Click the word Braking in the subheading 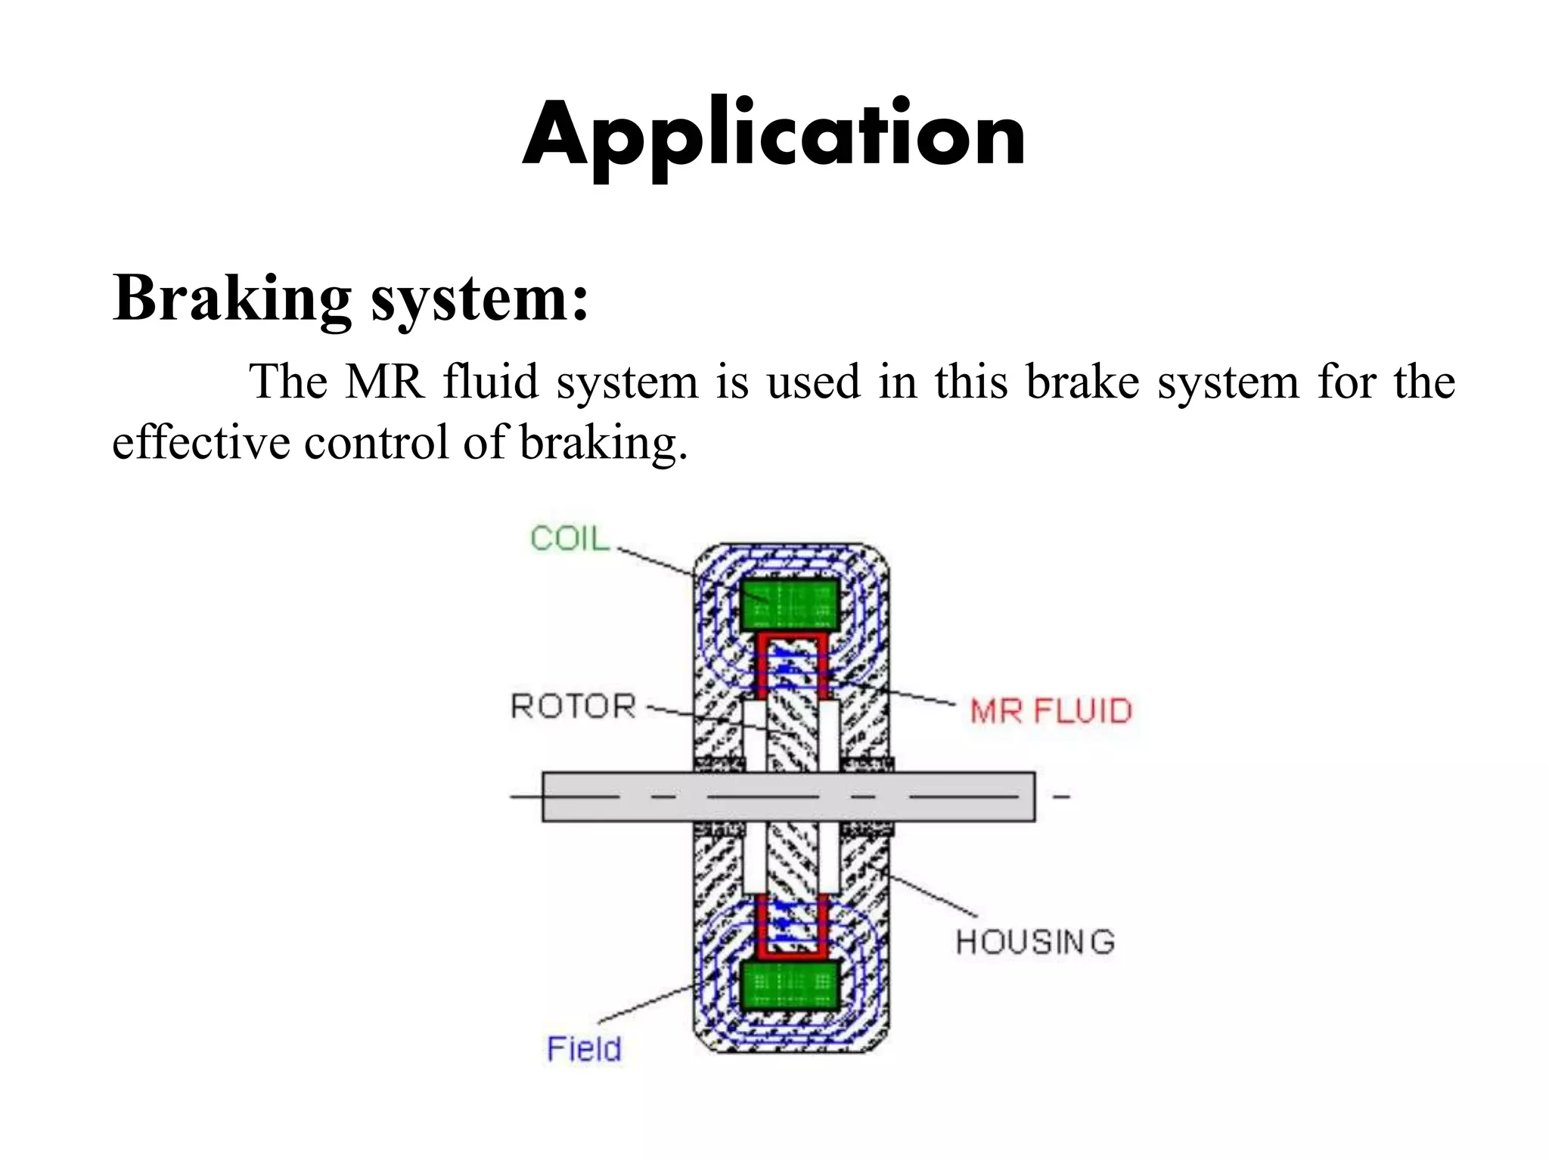(231, 299)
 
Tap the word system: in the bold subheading (480, 299)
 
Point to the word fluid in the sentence (490, 382)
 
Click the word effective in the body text (200, 442)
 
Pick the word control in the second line (376, 442)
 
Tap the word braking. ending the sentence (604, 444)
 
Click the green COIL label (569, 539)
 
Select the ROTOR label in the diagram (573, 707)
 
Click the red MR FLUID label (1051, 711)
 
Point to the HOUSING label (1035, 943)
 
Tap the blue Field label (584, 1049)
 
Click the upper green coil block (789, 605)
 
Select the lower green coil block (789, 986)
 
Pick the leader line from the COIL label (658, 563)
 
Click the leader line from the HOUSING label (934, 896)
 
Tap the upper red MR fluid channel (790, 639)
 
